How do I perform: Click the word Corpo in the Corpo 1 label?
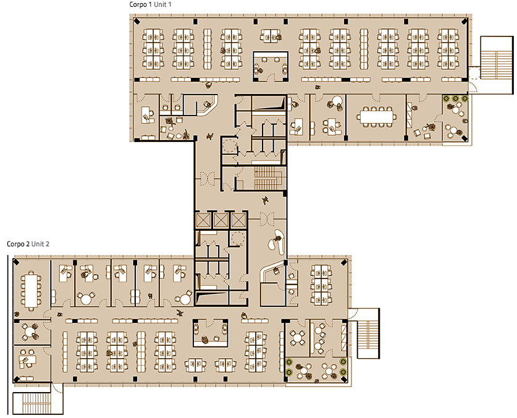point(138,4)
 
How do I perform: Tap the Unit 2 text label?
point(40,245)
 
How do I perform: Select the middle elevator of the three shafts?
point(221,220)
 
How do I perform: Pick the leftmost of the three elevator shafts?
point(203,220)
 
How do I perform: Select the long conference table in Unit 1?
point(376,117)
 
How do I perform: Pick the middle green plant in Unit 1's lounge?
point(455,98)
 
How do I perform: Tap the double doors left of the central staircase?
point(208,180)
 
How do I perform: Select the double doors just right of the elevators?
point(267,219)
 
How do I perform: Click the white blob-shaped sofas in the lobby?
point(277,241)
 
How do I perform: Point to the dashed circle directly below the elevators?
point(237,238)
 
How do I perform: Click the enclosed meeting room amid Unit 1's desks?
point(271,66)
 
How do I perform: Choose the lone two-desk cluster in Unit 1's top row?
point(271,36)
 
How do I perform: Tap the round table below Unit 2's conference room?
point(30,331)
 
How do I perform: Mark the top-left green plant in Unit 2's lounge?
point(289,362)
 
